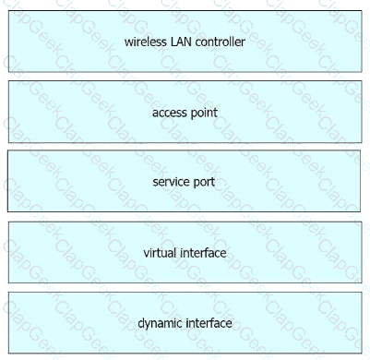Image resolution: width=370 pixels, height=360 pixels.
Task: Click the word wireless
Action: coord(146,42)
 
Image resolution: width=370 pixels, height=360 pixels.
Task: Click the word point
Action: coord(204,113)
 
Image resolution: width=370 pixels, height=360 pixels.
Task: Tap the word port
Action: coord(204,183)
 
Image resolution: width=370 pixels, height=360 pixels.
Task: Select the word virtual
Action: coord(160,253)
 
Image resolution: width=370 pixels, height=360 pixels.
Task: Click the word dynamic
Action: coord(160,324)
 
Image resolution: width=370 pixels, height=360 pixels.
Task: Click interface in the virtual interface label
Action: coord(203,253)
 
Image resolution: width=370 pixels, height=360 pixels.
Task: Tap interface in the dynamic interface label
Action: coord(209,323)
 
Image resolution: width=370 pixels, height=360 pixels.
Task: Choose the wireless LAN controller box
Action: coord(185,42)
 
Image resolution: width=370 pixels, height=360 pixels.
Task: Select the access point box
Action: coord(185,112)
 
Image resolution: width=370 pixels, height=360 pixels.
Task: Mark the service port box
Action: coord(184,181)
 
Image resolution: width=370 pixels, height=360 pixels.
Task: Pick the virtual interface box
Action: coord(185,252)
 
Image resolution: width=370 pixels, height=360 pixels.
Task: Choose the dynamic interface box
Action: coord(185,323)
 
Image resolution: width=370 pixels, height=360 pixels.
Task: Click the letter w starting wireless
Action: coord(128,42)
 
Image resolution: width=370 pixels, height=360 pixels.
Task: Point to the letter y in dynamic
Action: coord(149,326)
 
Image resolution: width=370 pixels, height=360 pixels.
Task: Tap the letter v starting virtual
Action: coord(147,255)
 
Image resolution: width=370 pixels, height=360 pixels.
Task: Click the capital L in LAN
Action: coord(173,42)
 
